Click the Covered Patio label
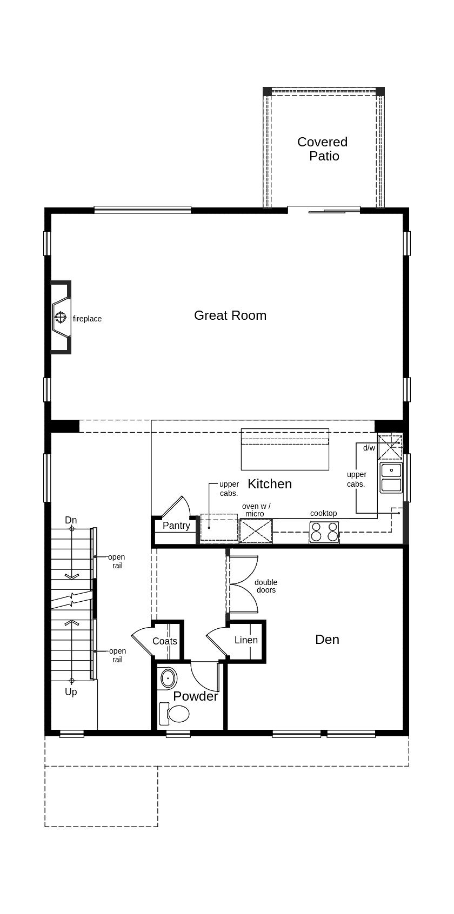pos(323,149)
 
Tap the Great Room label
pos(230,315)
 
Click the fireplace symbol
pos(61,317)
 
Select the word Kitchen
pos(270,483)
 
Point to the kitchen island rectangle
pos(285,449)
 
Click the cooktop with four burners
pos(324,532)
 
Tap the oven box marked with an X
pos(256,531)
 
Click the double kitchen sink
pos(391,478)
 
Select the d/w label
pos(369,448)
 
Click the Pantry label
pos(176,526)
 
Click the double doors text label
pos(266,586)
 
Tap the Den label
pos(327,640)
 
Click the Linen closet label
pos(246,640)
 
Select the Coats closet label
pos(165,641)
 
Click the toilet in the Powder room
pos(175,714)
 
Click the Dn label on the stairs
pos(71,520)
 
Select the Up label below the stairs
pos(71,692)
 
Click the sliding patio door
pos(324,210)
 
